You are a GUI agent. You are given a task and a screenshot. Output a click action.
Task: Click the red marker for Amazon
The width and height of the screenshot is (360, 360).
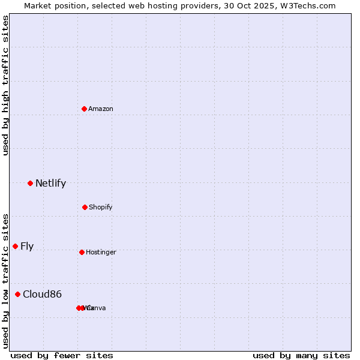pyautogui.click(x=85, y=109)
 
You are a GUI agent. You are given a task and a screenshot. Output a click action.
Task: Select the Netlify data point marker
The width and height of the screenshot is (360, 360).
pyautogui.click(x=30, y=183)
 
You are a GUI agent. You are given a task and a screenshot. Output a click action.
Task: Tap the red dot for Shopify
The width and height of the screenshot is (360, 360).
pyautogui.click(x=85, y=207)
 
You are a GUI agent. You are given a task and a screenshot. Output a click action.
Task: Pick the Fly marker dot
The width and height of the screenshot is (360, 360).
pyautogui.click(x=16, y=246)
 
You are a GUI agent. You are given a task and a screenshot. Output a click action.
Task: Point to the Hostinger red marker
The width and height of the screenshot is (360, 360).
pyautogui.click(x=82, y=252)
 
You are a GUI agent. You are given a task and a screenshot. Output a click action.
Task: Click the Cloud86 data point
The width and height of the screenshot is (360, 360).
pyautogui.click(x=18, y=294)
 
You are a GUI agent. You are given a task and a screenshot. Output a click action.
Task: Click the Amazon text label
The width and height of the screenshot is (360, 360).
pyautogui.click(x=101, y=109)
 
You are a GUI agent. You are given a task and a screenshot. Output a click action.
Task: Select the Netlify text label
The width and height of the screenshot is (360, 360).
pyautogui.click(x=50, y=184)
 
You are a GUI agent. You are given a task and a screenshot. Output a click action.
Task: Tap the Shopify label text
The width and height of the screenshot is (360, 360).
pyautogui.click(x=101, y=207)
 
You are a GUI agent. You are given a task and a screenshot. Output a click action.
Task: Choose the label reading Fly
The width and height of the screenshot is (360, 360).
pyautogui.click(x=27, y=246)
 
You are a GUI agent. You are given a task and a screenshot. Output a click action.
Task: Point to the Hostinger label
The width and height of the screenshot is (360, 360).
pyautogui.click(x=101, y=252)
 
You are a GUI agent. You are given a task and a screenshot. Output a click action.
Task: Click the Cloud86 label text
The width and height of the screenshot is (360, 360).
pyautogui.click(x=42, y=294)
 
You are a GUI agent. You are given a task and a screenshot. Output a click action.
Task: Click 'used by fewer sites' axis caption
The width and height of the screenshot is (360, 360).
pyautogui.click(x=62, y=355)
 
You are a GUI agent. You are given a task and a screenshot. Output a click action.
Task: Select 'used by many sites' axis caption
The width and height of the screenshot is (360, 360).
pyautogui.click(x=301, y=355)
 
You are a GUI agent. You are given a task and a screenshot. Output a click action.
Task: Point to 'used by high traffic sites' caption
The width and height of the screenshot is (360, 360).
pyautogui.click(x=5, y=85)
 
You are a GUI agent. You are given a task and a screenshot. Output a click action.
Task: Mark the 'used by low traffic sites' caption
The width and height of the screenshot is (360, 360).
pyautogui.click(x=5, y=281)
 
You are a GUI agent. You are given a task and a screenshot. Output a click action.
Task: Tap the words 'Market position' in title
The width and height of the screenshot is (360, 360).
pyautogui.click(x=53, y=5)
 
